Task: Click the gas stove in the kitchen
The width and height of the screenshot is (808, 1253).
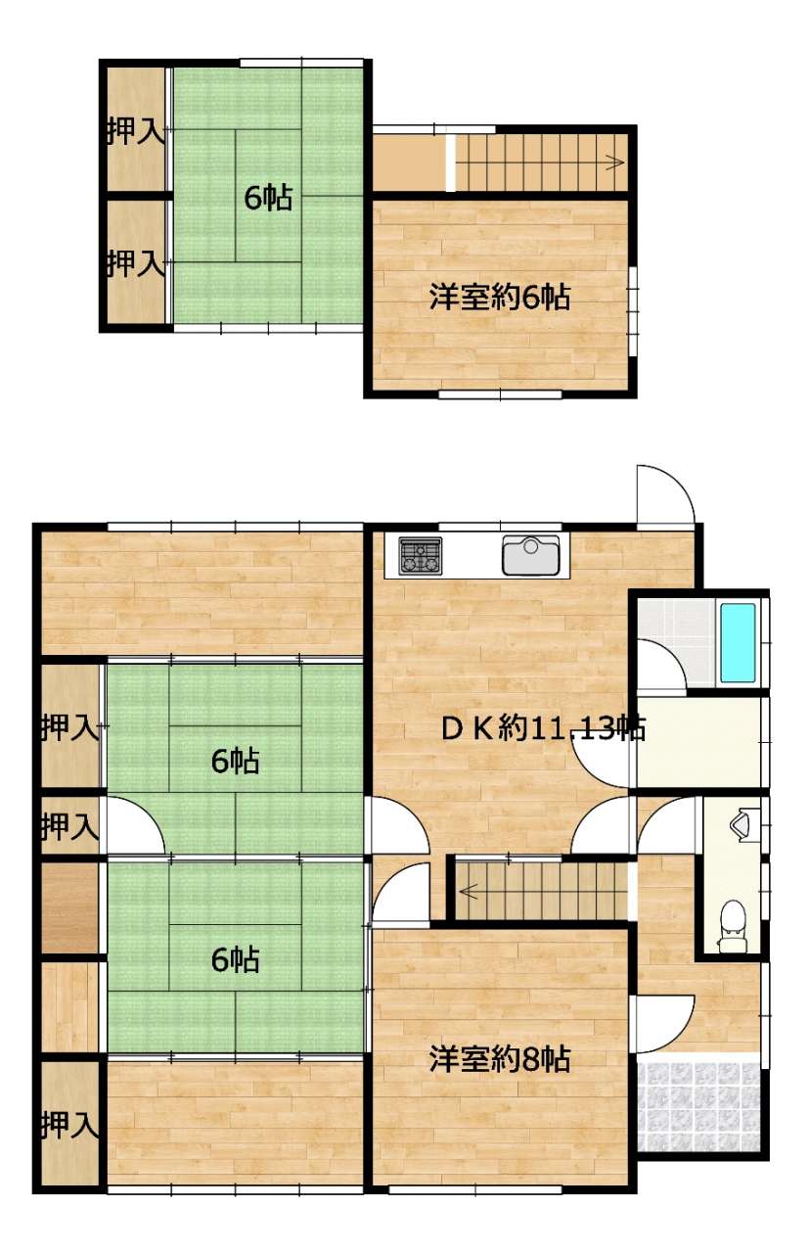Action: click(421, 555)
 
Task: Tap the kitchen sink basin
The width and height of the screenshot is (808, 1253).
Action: click(530, 555)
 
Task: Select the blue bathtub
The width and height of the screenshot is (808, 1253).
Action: click(738, 643)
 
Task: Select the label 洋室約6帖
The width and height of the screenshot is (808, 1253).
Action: click(500, 297)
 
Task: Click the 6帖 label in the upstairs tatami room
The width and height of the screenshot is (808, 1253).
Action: click(268, 198)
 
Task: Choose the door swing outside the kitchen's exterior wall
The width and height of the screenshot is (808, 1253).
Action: click(666, 495)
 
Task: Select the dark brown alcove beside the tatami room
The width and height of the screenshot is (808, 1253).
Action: click(70, 907)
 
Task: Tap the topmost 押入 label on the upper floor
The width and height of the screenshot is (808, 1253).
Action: click(135, 130)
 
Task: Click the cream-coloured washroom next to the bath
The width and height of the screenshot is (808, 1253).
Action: click(698, 743)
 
